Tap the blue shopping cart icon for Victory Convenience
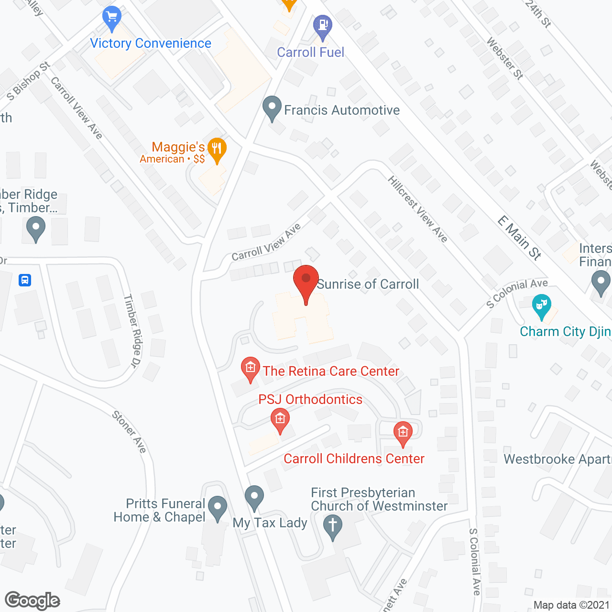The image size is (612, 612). (112, 18)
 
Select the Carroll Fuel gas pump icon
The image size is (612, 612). (323, 26)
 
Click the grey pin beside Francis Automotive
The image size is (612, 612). (272, 108)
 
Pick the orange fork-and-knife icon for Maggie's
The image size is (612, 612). (217, 149)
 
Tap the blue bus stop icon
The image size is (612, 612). (25, 280)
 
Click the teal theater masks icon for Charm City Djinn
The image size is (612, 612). (541, 306)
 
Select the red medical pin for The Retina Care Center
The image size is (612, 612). (250, 369)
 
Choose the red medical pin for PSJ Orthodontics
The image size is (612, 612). (280, 420)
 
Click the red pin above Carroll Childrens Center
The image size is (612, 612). (403, 433)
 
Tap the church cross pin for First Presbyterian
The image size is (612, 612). (333, 526)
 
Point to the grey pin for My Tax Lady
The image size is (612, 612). (254, 497)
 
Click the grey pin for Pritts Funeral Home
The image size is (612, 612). (218, 508)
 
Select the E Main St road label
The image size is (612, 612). (520, 238)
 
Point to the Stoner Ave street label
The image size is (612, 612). (129, 431)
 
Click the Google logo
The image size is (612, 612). (33, 601)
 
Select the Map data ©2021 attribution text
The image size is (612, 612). (571, 605)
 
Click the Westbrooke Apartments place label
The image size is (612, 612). (557, 459)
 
